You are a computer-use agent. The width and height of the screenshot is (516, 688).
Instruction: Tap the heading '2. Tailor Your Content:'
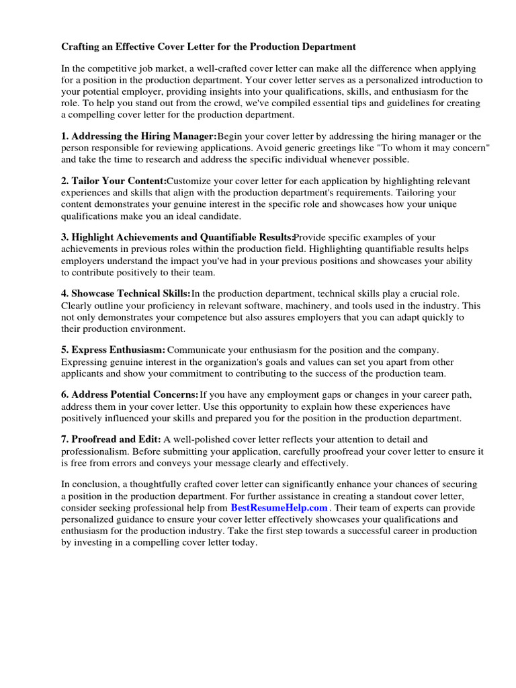[114, 181]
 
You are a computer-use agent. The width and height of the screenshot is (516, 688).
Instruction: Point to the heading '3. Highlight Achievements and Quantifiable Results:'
[178, 237]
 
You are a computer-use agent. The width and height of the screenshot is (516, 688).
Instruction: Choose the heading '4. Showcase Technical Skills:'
[126, 294]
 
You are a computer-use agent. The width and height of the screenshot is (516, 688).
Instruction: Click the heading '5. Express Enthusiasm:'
[114, 350]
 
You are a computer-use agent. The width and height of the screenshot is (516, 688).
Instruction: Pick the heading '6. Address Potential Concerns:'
[130, 395]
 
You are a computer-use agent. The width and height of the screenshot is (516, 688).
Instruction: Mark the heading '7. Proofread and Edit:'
[111, 439]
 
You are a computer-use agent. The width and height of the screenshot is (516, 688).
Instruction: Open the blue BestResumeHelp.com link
[279, 508]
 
